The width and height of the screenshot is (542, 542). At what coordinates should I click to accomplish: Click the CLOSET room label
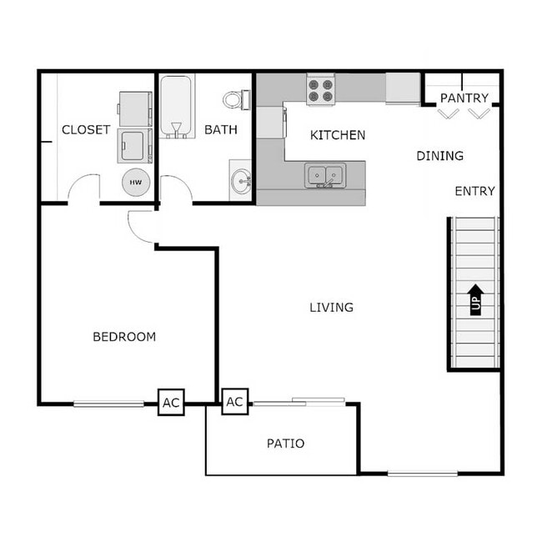[86, 130]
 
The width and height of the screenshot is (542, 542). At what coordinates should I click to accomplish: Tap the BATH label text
[221, 130]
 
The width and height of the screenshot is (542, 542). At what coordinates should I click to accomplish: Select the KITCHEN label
[338, 135]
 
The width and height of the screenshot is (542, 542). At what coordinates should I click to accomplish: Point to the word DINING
[439, 156]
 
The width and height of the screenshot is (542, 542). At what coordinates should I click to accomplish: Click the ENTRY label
[474, 191]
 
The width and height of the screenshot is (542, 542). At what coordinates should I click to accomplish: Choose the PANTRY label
[464, 98]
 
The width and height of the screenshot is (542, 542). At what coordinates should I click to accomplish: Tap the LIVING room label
[331, 308]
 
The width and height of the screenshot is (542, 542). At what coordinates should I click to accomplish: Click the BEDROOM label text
[124, 337]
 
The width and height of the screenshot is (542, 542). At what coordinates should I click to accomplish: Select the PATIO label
[285, 444]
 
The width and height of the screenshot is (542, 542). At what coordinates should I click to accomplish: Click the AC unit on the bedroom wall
[171, 403]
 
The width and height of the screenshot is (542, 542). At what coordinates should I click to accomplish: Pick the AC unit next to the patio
[234, 402]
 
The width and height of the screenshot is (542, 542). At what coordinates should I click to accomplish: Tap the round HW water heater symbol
[136, 182]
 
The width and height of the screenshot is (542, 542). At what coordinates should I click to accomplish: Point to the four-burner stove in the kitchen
[321, 90]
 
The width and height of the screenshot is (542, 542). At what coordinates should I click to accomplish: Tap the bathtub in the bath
[176, 107]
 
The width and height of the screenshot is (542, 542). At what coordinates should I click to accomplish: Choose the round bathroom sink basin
[242, 179]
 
